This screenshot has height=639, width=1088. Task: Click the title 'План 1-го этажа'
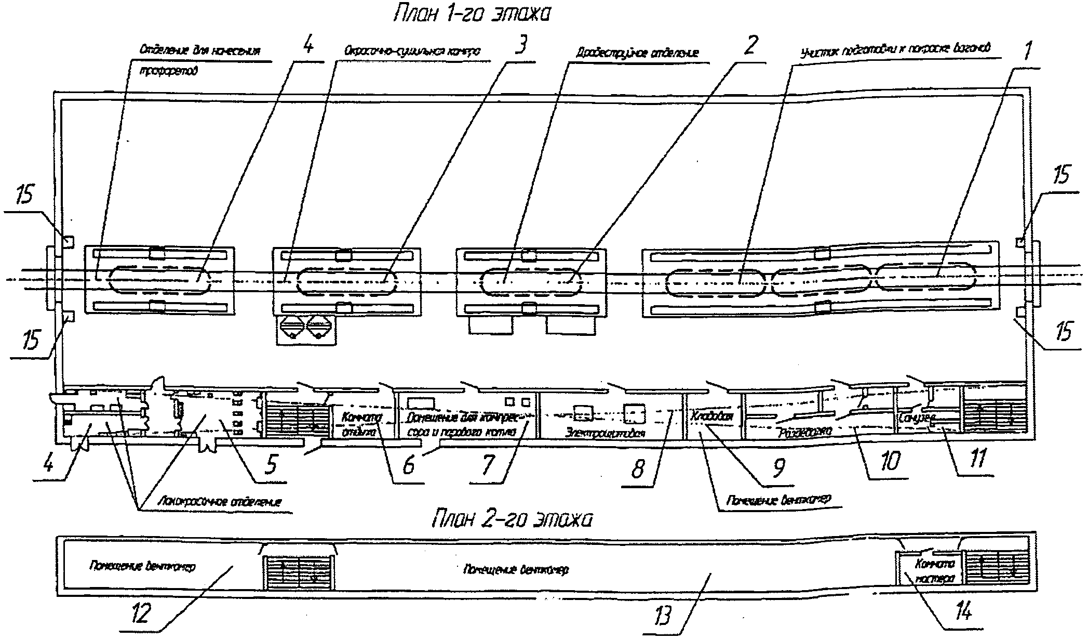tap(471, 15)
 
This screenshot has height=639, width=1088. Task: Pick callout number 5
tap(271, 464)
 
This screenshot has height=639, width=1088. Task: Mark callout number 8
tap(638, 468)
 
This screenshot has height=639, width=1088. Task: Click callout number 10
tap(889, 461)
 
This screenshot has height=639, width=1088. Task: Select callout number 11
tap(977, 459)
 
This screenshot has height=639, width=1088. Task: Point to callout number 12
tap(141, 613)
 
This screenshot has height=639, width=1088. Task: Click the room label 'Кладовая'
tap(711, 416)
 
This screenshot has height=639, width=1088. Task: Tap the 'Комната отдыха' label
tap(361, 424)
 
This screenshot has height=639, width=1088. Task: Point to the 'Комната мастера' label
tap(935, 571)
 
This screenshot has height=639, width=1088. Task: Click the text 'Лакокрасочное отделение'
tap(219, 502)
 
